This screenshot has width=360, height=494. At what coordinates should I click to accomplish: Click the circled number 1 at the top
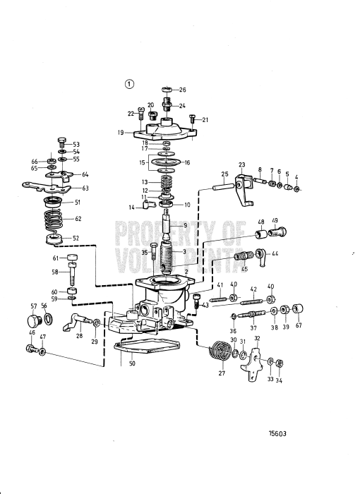(x=129, y=83)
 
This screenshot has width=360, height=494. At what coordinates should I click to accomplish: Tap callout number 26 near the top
(x=182, y=90)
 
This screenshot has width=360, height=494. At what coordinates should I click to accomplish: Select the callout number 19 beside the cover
(x=121, y=132)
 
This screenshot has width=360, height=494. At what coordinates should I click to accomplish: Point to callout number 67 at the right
(x=298, y=325)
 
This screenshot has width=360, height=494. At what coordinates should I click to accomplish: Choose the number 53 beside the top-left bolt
(x=76, y=144)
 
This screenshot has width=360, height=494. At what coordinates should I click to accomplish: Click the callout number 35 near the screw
(x=145, y=252)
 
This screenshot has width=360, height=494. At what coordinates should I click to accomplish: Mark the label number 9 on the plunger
(x=185, y=226)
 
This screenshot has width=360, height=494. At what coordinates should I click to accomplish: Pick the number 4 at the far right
(x=296, y=177)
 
